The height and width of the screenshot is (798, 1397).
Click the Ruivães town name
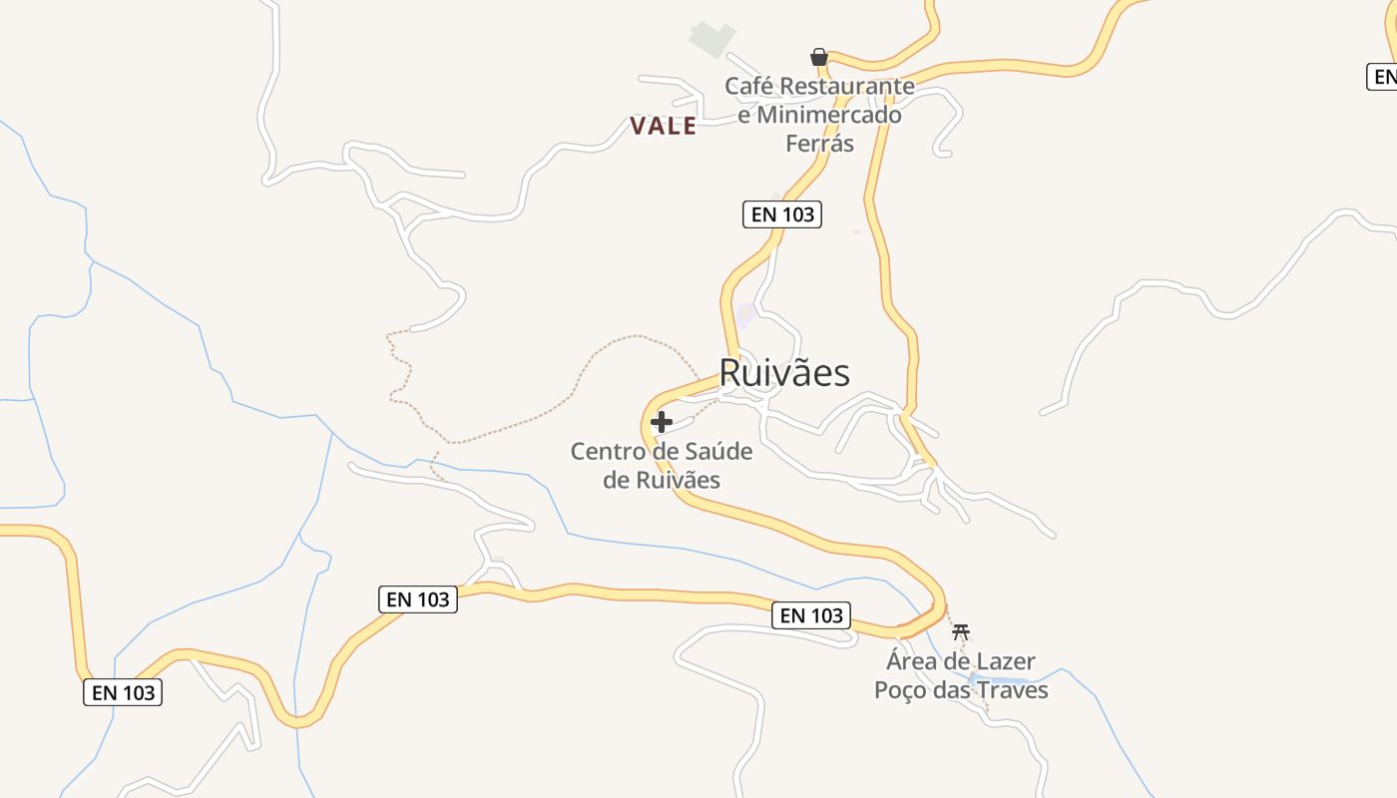coord(784,373)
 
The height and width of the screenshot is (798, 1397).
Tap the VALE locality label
coord(663,126)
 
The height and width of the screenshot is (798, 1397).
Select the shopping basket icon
coord(819,57)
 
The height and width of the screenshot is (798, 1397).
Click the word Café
coord(747,86)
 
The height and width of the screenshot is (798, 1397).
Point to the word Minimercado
coord(828,115)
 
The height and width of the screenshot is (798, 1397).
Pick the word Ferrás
coord(820,144)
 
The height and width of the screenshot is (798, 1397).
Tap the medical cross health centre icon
coord(661,422)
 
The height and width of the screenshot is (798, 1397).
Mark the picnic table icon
coord(961,631)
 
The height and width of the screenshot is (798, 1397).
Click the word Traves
coord(1012,690)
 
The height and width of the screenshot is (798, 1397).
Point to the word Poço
coord(900,690)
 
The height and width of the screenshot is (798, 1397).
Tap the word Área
coord(913,661)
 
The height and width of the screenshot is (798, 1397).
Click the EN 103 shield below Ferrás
coord(782,214)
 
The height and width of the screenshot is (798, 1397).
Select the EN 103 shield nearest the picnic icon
coord(811,615)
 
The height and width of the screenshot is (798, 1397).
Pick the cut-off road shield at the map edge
coord(1382,76)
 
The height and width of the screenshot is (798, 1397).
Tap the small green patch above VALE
coord(712,39)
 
